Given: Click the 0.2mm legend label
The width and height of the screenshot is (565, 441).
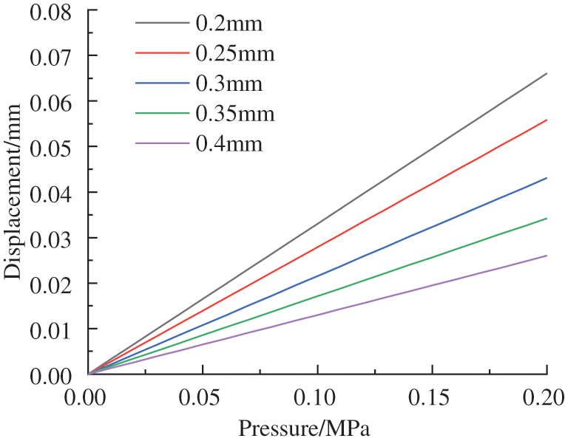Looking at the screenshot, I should [229, 24].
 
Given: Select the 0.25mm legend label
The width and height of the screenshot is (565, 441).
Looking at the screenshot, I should [234, 54].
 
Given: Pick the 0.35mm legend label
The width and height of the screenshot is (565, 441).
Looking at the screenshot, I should [234, 114].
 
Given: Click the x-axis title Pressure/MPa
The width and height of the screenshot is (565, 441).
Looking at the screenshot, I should [304, 428].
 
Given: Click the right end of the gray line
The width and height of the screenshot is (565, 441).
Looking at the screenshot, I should [547, 73].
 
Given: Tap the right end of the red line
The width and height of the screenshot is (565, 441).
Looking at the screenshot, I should [547, 120].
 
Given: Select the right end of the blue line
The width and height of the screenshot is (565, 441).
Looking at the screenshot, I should [547, 178].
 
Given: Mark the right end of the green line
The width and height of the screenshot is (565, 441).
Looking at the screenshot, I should [547, 219].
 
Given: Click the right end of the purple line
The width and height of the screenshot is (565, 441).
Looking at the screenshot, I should [547, 256].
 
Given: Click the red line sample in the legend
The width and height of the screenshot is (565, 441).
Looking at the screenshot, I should [162, 53].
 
